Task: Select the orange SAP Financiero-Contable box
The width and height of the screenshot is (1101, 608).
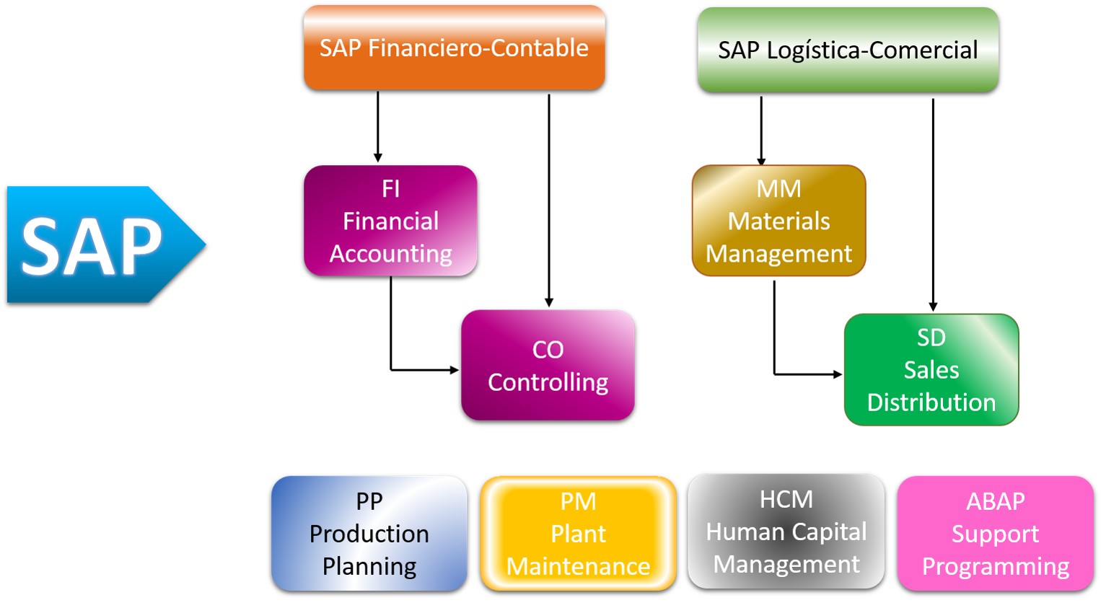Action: (x=454, y=48)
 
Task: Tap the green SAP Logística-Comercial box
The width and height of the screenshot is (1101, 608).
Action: (x=848, y=50)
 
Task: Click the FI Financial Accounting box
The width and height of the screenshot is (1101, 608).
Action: (x=390, y=221)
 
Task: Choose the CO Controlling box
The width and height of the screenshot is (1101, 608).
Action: (x=548, y=365)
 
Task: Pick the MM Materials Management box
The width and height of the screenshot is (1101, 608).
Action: (x=778, y=221)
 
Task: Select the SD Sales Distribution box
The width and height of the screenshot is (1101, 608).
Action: (x=931, y=369)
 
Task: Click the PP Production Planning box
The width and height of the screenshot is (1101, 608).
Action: (x=369, y=534)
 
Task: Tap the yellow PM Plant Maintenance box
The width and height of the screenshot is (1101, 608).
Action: (x=578, y=534)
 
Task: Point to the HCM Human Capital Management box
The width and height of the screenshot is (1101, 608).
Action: (x=786, y=532)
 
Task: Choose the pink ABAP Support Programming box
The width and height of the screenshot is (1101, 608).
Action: (x=995, y=534)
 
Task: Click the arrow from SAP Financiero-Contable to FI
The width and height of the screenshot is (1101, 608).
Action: (x=377, y=126)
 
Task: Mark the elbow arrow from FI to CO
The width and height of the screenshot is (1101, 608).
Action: (x=391, y=339)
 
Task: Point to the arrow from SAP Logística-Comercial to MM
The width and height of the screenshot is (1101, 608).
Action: (x=761, y=130)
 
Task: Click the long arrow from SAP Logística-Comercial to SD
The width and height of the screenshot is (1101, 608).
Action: (x=933, y=202)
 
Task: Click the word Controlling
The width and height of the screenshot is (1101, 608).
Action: (x=548, y=382)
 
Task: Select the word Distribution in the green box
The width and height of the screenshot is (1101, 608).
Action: (x=931, y=402)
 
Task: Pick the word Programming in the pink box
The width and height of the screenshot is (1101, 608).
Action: (x=995, y=567)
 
